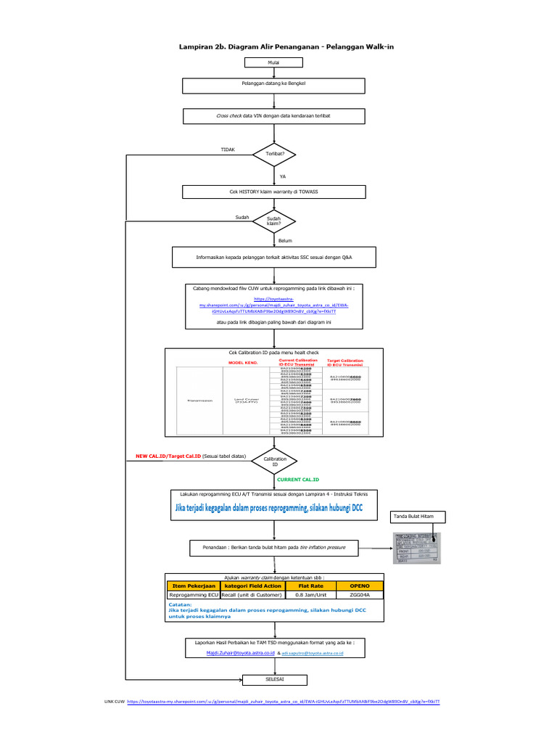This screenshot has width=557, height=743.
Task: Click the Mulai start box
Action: (273, 64)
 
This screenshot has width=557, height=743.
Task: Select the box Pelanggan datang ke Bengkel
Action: (273, 86)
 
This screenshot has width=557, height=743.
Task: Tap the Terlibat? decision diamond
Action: (275, 155)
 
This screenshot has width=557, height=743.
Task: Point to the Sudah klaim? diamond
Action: (273, 221)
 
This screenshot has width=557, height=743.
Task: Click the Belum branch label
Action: (285, 240)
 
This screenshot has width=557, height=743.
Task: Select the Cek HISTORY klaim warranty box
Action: (273, 192)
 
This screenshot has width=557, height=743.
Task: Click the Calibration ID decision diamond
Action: (275, 461)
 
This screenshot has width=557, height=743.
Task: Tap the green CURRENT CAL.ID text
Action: (298, 480)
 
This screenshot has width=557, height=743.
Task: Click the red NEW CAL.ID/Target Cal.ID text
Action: (168, 456)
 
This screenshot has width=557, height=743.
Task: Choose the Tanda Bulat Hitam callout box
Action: (417, 516)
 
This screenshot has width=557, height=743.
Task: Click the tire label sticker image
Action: (417, 548)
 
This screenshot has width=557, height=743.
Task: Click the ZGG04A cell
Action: (360, 594)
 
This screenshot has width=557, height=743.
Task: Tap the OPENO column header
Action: (360, 585)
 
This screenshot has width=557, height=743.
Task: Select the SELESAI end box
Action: (273, 680)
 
